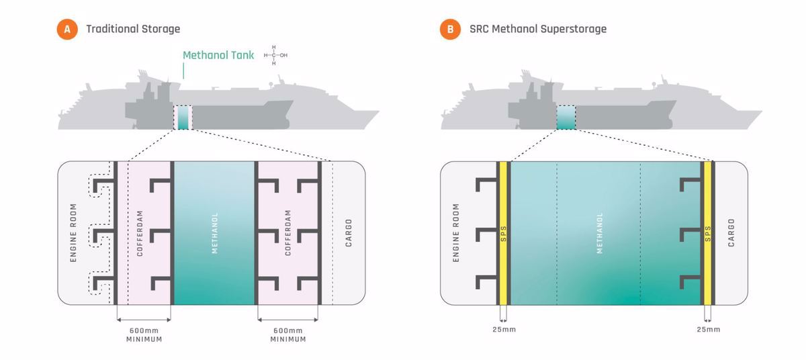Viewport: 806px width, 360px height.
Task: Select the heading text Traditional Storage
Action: click(x=133, y=30)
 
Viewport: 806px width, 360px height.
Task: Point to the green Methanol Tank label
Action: click(x=218, y=56)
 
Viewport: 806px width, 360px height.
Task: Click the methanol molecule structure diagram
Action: click(x=275, y=55)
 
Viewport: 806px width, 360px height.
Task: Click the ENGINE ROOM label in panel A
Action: click(x=74, y=232)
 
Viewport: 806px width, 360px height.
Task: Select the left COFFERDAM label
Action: click(x=140, y=232)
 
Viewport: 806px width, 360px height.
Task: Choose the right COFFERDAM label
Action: click(x=288, y=232)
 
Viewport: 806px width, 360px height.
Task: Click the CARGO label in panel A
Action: click(x=349, y=232)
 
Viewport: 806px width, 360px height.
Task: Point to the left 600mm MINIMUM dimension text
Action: click(x=144, y=334)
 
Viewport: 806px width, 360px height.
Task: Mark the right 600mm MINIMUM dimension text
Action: click(x=288, y=334)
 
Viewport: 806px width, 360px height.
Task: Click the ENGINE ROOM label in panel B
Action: click(x=456, y=232)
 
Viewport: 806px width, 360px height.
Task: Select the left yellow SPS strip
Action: click(x=502, y=232)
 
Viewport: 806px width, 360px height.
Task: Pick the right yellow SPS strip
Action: click(x=707, y=232)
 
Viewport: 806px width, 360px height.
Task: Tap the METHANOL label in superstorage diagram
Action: click(x=599, y=232)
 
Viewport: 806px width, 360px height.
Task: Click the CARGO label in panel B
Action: click(x=731, y=232)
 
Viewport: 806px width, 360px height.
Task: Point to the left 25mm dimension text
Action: click(x=503, y=329)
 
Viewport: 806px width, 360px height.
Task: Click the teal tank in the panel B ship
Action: click(x=566, y=117)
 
